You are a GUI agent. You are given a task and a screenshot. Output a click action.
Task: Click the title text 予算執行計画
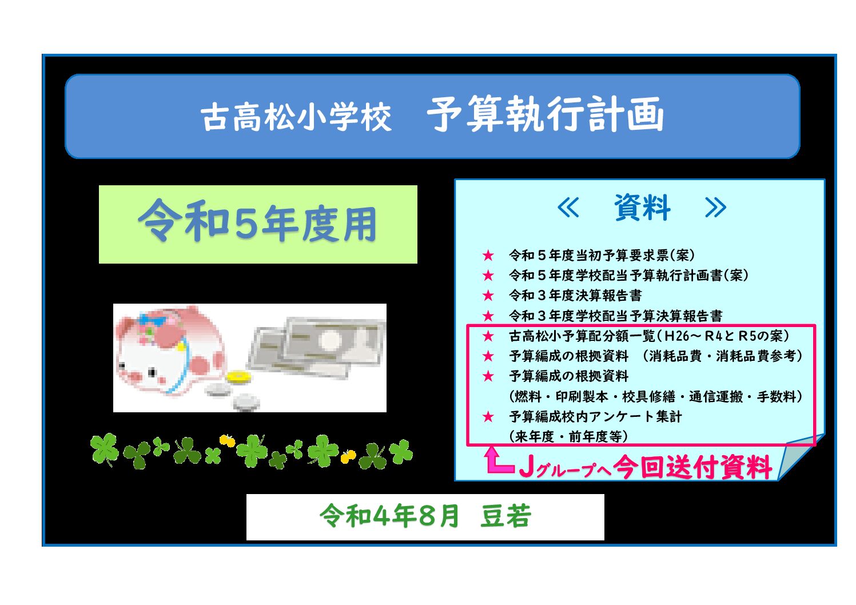[546, 114]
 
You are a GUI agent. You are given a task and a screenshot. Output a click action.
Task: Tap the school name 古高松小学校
[296, 117]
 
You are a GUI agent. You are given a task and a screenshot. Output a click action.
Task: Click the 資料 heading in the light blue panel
[642, 208]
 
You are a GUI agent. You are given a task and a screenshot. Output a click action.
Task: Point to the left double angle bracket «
[568, 208]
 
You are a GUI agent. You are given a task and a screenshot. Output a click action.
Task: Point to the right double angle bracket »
[715, 208]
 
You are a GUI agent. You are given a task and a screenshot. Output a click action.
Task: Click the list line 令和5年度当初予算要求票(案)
[602, 255]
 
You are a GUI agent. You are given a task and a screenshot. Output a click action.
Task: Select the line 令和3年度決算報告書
[575, 295]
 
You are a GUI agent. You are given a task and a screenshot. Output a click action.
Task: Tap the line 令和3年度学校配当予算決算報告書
[615, 316]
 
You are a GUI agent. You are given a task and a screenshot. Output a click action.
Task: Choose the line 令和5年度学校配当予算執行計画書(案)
[628, 275]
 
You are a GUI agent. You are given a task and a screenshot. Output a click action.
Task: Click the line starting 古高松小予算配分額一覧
[649, 336]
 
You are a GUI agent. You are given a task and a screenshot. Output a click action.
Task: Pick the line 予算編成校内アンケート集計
[595, 416]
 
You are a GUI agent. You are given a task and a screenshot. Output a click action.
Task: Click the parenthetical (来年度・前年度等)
[568, 436]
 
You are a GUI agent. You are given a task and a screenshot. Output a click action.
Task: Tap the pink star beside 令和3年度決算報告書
[488, 296]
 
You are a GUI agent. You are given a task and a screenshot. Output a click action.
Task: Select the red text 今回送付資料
[693, 467]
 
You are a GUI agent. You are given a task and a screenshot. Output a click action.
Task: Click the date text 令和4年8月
[389, 516]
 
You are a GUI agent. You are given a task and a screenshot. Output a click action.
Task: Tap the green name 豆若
[505, 516]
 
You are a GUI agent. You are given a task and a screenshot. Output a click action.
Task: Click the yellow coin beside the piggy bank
[239, 377]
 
